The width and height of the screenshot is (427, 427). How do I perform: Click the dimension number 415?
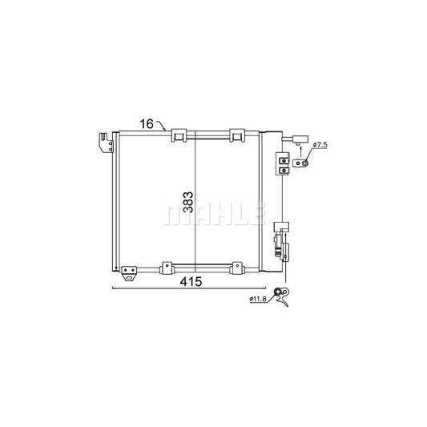coord(191,282)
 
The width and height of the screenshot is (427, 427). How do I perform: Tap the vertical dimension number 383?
coord(188,203)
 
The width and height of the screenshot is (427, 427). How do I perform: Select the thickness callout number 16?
coord(147,124)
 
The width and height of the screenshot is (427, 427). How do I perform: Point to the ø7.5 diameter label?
coord(320,145)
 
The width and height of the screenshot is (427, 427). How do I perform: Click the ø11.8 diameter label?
coord(258,299)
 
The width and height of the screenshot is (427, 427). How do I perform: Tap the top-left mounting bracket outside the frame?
coord(107,143)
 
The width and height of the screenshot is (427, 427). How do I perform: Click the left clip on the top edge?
coord(179,135)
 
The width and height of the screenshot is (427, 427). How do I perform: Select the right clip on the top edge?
coord(237,135)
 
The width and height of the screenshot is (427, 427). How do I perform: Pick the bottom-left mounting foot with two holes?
coord(129,273)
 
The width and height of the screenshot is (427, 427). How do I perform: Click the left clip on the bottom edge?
coord(167,268)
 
